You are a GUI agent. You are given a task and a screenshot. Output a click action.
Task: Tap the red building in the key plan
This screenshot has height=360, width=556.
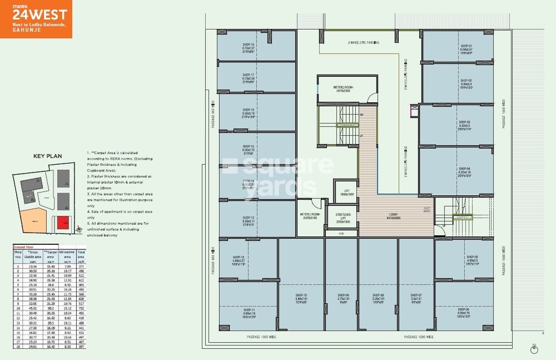tap(65, 223)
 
